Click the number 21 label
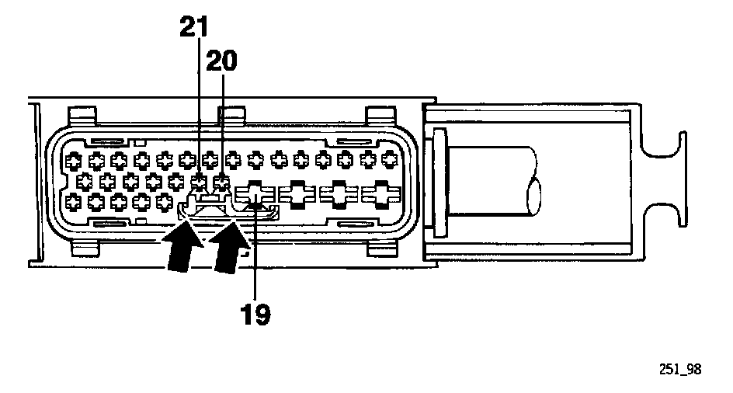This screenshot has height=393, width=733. [195, 27]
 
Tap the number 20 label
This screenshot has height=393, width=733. [222, 61]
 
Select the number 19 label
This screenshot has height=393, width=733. [256, 315]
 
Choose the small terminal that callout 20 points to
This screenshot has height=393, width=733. [223, 183]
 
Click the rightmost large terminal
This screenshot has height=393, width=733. [381, 193]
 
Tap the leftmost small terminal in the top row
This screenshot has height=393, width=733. [73, 162]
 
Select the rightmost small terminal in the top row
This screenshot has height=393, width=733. [391, 162]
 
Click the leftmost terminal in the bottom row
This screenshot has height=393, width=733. [73, 203]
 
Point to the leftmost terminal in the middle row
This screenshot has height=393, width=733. [85, 183]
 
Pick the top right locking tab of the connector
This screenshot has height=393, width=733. [377, 114]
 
